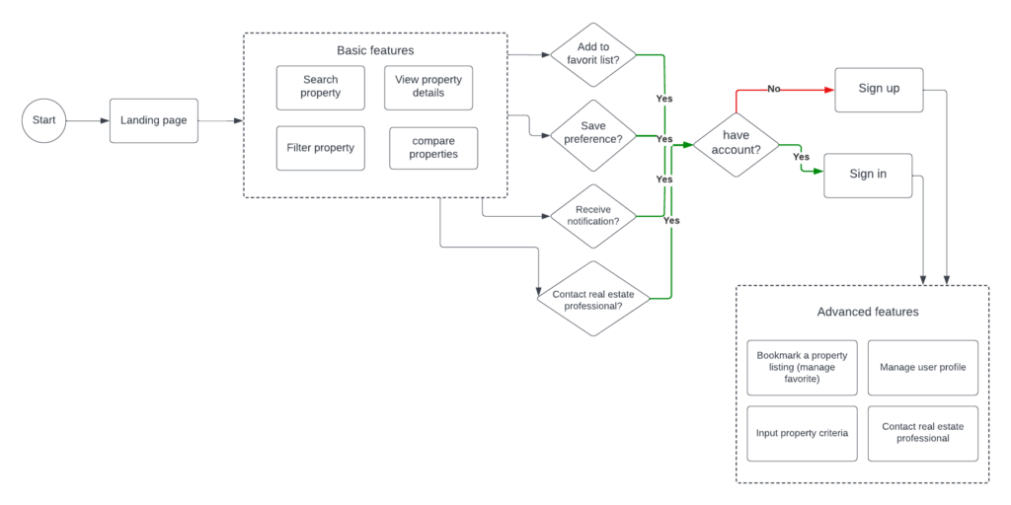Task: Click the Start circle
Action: tap(43, 120)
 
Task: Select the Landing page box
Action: tap(153, 120)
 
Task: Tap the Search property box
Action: tap(321, 87)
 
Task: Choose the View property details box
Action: tap(428, 87)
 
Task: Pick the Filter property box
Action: tap(321, 148)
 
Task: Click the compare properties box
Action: tap(434, 148)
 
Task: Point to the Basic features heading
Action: tap(375, 50)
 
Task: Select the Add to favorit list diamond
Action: tap(592, 55)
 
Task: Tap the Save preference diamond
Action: tap(592, 136)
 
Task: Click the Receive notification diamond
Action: tap(592, 216)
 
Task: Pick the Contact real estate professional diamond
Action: tap(592, 298)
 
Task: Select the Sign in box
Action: tap(868, 176)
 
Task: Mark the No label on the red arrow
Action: tap(774, 90)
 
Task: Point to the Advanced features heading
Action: tap(867, 312)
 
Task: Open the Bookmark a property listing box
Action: tap(802, 368)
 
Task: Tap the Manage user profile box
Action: tap(923, 368)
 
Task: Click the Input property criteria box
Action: tap(802, 434)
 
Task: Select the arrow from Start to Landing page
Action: tap(88, 120)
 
